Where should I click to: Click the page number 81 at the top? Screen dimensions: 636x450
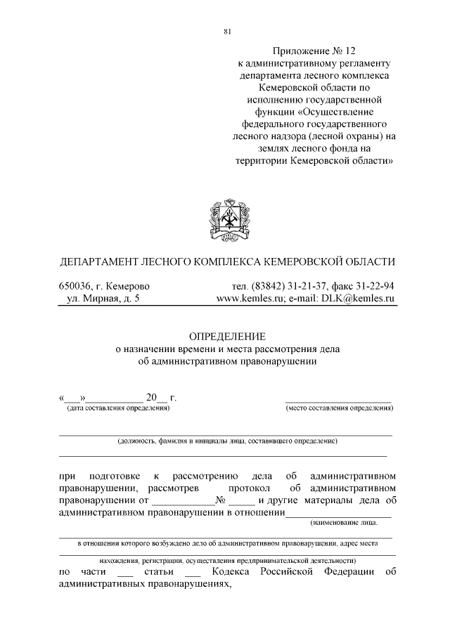(x=226, y=30)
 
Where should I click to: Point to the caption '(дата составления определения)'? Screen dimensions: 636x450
(x=117, y=408)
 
